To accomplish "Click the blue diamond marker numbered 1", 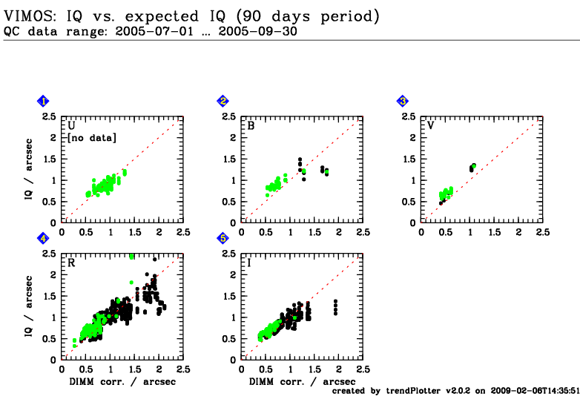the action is (43, 101).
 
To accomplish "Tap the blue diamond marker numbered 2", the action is (223, 101).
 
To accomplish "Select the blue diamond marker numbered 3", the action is (403, 101).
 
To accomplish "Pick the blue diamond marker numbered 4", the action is (43, 239).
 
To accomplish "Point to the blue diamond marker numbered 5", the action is (223, 239).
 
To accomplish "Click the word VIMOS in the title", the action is (28, 16).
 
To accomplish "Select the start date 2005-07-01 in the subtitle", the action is (154, 31).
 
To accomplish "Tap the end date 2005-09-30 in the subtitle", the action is (258, 31).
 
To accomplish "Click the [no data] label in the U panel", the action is (92, 138).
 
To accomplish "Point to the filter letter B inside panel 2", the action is (251, 126).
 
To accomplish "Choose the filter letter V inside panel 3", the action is (431, 125).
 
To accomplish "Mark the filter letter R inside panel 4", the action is (71, 263).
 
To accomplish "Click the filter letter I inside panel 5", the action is (249, 263).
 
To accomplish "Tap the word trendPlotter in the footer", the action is (413, 391).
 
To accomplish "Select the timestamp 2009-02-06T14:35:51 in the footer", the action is (535, 391).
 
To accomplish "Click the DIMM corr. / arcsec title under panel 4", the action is (122, 382).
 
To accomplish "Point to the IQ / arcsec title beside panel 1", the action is (28, 169).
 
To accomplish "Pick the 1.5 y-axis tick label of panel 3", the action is (410, 159).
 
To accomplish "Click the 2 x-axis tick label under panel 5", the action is (339, 369).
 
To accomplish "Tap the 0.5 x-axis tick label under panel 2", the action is (266, 232).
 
